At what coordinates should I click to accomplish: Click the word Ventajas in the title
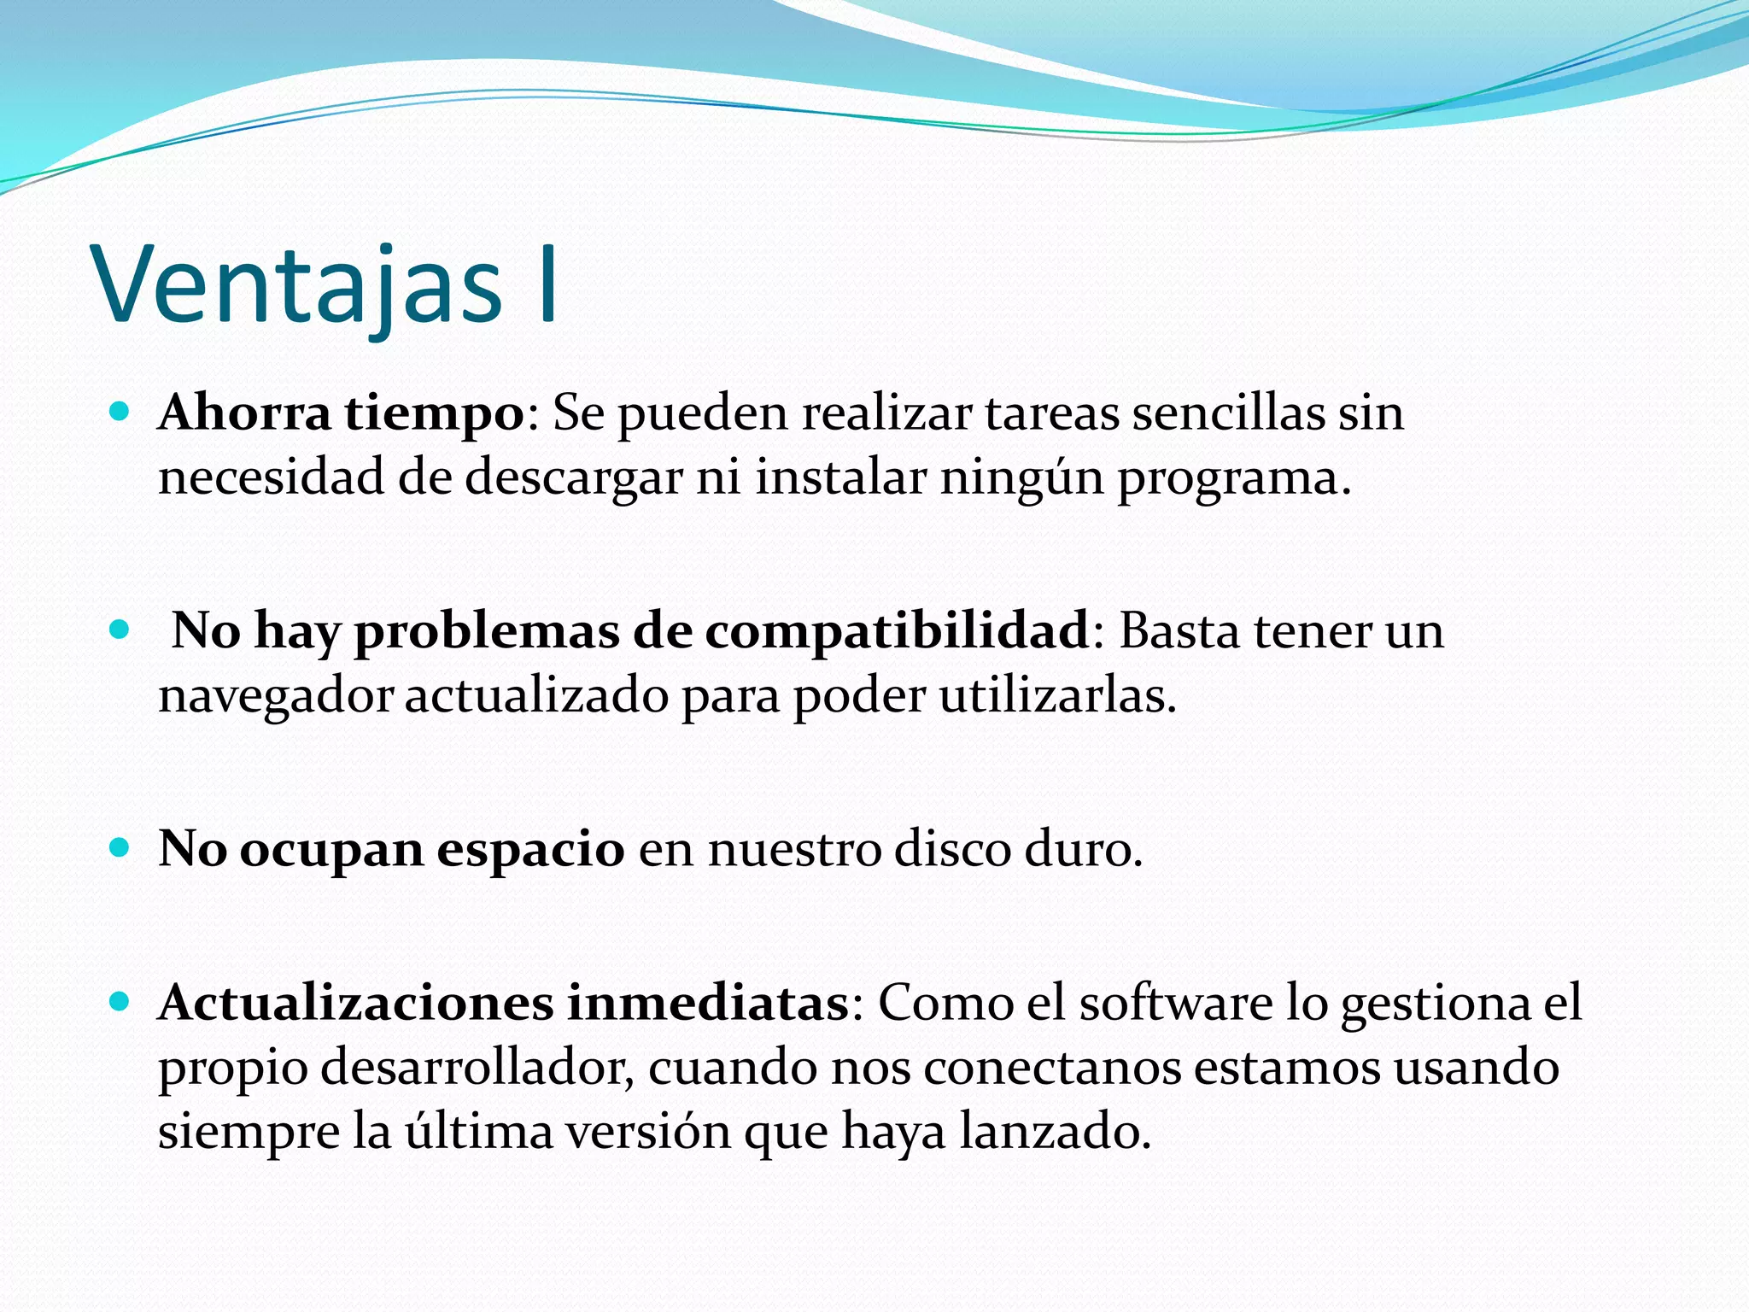(298, 285)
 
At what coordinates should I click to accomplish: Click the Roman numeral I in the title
(548, 285)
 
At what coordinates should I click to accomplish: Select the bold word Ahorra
(244, 413)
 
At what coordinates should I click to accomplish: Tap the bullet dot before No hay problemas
(120, 631)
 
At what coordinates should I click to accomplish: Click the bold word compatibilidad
(897, 632)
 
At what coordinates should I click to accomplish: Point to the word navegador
(275, 697)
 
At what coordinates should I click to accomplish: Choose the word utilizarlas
(1057, 695)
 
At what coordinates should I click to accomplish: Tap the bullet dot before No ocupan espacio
(120, 849)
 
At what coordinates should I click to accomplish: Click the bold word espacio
(530, 851)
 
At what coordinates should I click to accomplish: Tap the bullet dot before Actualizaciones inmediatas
(120, 1002)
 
